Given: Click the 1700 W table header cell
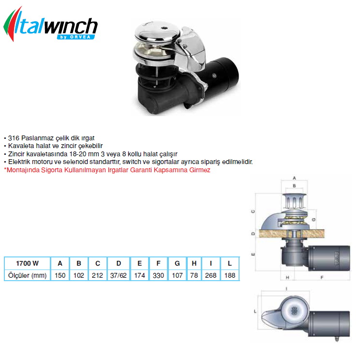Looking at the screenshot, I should click(x=27, y=263).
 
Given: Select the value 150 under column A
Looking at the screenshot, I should click(x=60, y=275).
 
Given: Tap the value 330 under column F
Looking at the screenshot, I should click(x=158, y=275).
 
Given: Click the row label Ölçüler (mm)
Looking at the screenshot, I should click(x=27, y=275).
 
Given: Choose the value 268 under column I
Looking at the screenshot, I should click(x=211, y=275).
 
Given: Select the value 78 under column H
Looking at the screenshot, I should click(x=194, y=275).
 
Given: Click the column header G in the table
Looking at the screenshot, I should click(x=177, y=263).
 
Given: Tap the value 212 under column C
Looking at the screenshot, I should click(x=98, y=275).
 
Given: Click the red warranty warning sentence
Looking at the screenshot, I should click(x=107, y=170).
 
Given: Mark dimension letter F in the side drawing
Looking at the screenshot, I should click(x=322, y=278).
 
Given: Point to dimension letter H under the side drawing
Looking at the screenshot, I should click(x=287, y=278).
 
